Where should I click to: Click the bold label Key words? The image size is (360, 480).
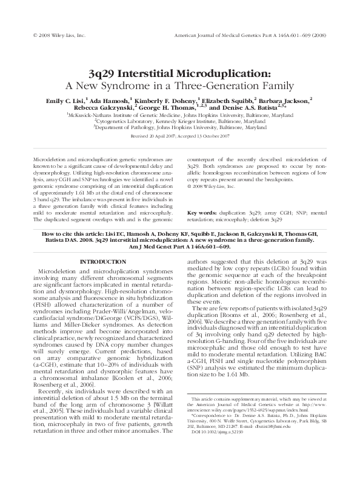click(x=203, y=213)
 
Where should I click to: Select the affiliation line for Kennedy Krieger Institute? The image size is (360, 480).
click(x=180, y=121)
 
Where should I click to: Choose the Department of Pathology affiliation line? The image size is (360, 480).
click(x=180, y=128)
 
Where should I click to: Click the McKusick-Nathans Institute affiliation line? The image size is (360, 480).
click(x=180, y=113)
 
